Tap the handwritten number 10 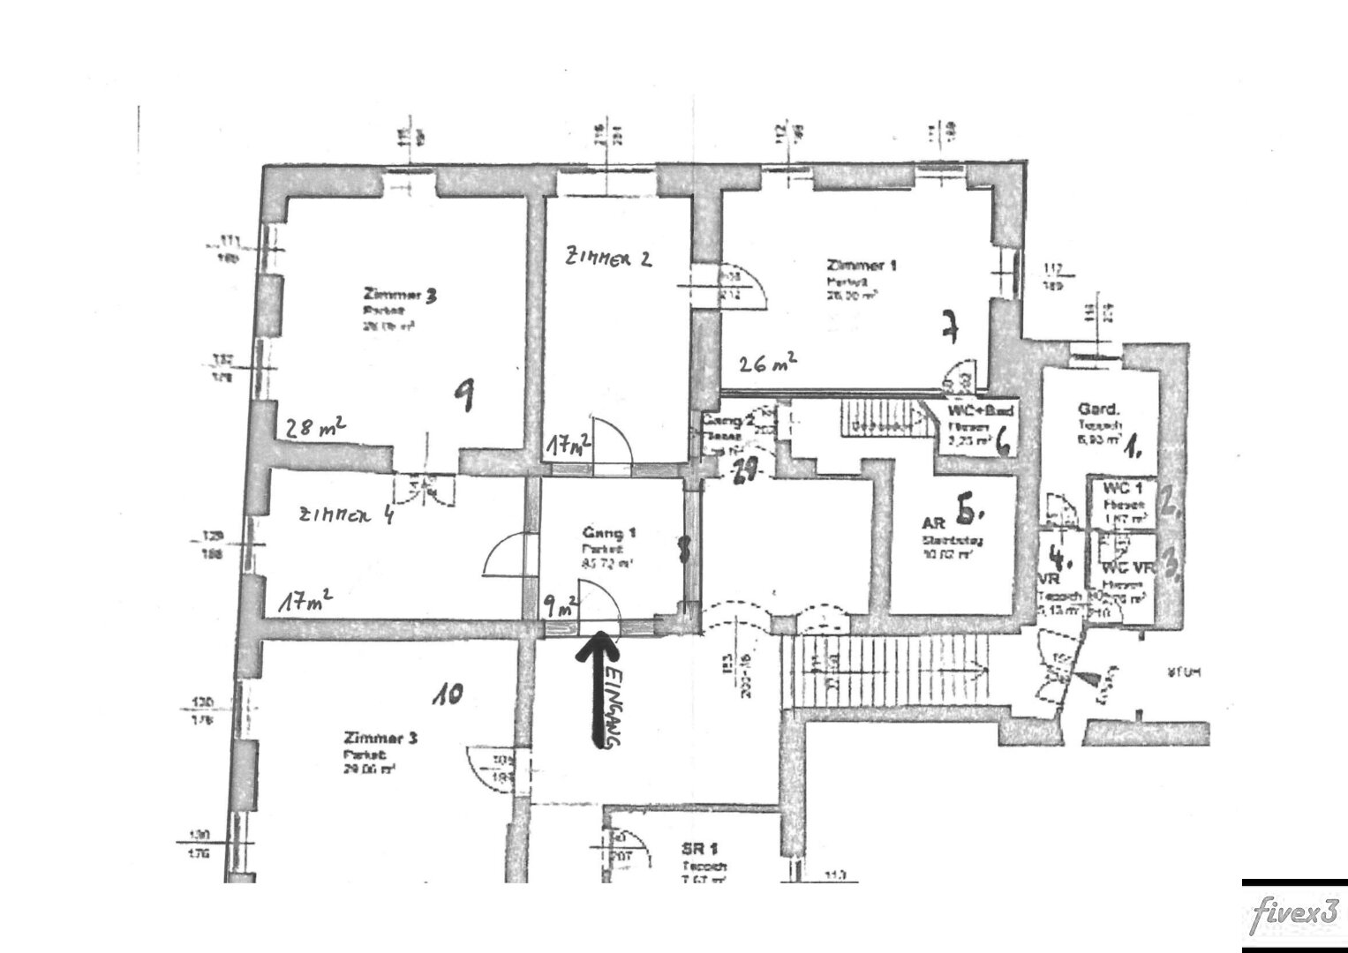448,696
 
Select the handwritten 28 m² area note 314,428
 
